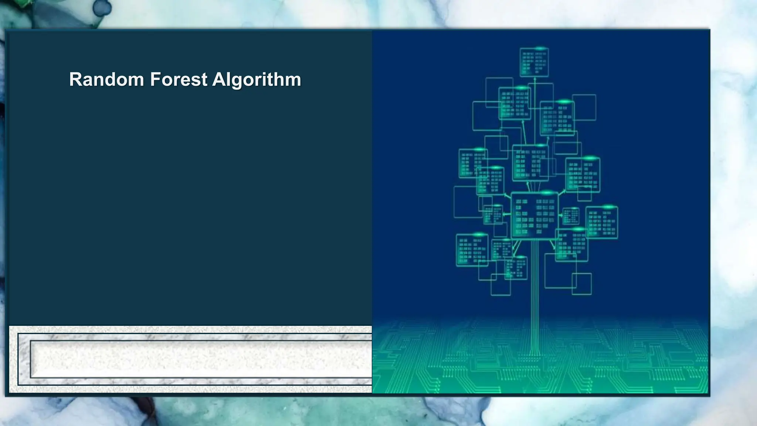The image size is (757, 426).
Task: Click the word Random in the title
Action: coord(106,80)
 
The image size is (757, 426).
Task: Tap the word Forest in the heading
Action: coord(179,80)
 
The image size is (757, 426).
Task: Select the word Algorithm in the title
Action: coord(257,80)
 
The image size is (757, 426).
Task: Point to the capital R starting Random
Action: coord(75,80)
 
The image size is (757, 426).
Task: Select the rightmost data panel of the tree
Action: coord(602,223)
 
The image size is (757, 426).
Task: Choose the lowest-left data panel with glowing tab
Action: coord(472,250)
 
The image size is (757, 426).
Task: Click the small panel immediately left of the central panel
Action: coord(493,214)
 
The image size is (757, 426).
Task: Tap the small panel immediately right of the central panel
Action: coord(571,216)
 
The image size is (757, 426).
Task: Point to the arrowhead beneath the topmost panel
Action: coord(534,79)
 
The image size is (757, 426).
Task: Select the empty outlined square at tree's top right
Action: coord(584,107)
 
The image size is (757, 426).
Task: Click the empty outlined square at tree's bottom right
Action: coord(581,284)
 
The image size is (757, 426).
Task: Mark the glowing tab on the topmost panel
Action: coord(540,48)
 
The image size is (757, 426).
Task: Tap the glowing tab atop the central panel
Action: coord(546,193)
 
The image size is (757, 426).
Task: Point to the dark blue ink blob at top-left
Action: coord(102,7)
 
